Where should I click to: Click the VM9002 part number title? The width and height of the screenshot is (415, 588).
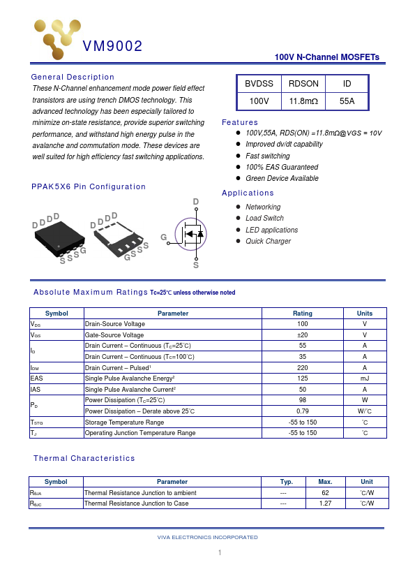tap(112, 47)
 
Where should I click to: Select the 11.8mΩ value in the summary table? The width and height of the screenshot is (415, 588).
tap(303, 101)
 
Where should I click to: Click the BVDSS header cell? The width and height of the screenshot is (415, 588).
tap(259, 84)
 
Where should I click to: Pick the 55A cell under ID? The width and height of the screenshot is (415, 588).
tap(347, 101)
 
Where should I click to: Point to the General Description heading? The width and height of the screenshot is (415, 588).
tap(73, 77)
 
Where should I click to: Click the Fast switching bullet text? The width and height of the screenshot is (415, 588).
tap(268, 156)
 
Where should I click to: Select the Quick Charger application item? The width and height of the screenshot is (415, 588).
tap(269, 241)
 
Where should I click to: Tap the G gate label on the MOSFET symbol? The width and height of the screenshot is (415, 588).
tap(164, 237)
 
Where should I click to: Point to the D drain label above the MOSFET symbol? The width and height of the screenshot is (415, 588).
tap(196, 203)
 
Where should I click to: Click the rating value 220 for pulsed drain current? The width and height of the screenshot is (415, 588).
tap(303, 367)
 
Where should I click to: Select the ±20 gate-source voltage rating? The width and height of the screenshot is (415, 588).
tap(303, 335)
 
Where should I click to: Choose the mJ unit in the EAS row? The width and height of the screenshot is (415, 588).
tap(365, 378)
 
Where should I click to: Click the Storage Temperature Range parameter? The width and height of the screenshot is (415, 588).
tap(124, 422)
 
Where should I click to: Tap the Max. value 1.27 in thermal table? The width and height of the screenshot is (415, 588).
tap(325, 503)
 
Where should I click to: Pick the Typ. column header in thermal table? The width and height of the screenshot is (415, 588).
tap(286, 482)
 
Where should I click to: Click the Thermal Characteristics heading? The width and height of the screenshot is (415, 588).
tap(84, 458)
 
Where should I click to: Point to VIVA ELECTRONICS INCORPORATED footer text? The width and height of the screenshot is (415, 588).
tap(208, 537)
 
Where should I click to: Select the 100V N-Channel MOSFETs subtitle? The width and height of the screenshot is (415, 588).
tap(327, 57)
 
